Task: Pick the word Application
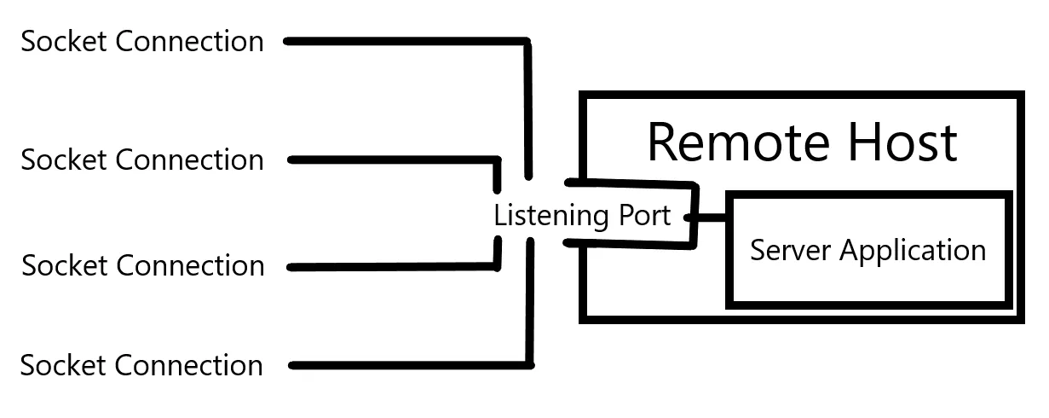click(913, 252)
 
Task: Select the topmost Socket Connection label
click(142, 41)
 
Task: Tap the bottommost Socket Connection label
click(141, 365)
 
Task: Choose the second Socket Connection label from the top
click(142, 160)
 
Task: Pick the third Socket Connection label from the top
click(143, 265)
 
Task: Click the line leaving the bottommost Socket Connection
click(409, 366)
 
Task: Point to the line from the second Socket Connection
click(392, 160)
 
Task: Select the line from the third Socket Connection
click(392, 267)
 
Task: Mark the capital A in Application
click(850, 251)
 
